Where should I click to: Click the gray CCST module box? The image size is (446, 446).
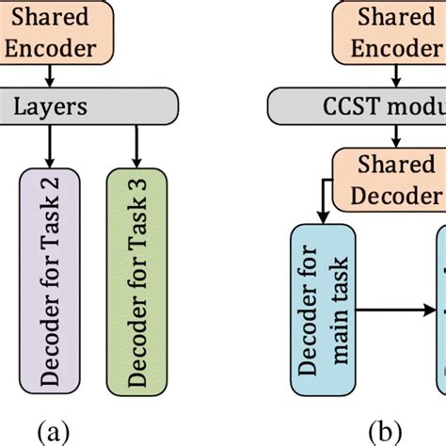tap(358, 107)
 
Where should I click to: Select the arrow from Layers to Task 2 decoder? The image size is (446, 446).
tap(49, 146)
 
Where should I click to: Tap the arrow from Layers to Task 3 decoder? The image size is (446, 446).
tap(136, 146)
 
